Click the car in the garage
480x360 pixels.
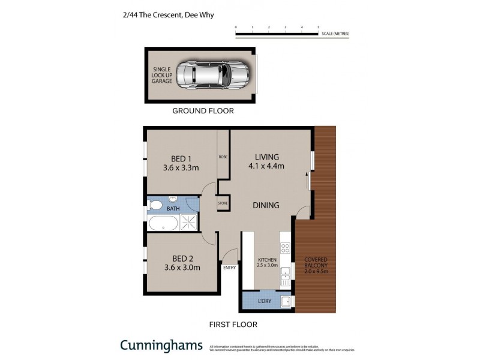pos(211,75)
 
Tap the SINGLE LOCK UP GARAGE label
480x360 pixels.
pos(161,75)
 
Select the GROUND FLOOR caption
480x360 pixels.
pos(203,111)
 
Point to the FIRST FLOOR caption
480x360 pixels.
pos(233,325)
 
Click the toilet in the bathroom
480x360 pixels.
pos(157,206)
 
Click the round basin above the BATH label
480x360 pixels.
pos(173,199)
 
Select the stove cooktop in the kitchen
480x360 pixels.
pos(286,248)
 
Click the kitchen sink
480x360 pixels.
pos(286,276)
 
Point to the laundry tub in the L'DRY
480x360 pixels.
pos(287,301)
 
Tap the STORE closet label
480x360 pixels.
pos(223,203)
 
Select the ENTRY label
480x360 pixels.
pos(230,268)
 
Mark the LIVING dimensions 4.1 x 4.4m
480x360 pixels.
pos(265,166)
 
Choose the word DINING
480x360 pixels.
pos(266,205)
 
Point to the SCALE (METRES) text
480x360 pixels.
pos(335,34)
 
